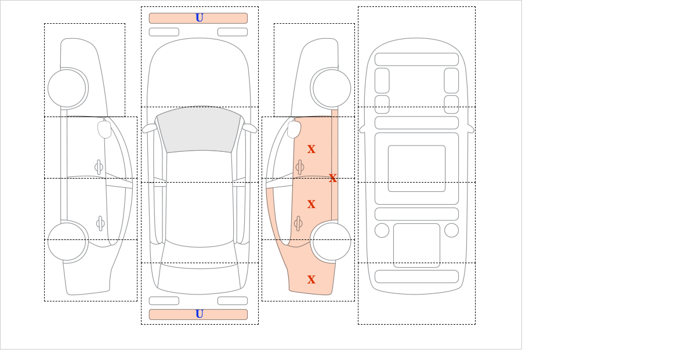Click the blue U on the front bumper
pyautogui.click(x=200, y=18)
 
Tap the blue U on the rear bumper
pyautogui.click(x=200, y=314)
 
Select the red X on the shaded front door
pyautogui.click(x=311, y=149)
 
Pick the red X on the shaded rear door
pyautogui.click(x=311, y=204)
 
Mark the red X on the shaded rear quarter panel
pyautogui.click(x=311, y=279)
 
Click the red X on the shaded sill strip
pyautogui.click(x=333, y=178)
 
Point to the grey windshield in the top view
pyautogui.click(x=199, y=129)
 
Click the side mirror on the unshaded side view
pyautogui.click(x=104, y=129)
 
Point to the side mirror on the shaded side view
pyautogui.click(x=294, y=129)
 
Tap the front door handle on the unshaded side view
pyautogui.click(x=99, y=168)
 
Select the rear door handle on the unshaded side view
pyautogui.click(x=100, y=223)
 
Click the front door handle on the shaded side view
pyautogui.click(x=300, y=168)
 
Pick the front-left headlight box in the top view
pyautogui.click(x=164, y=32)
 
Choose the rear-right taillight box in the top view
pyautogui.click(x=233, y=301)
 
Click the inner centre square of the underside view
pyautogui.click(x=416, y=168)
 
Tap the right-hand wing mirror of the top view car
pyautogui.click(x=249, y=128)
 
